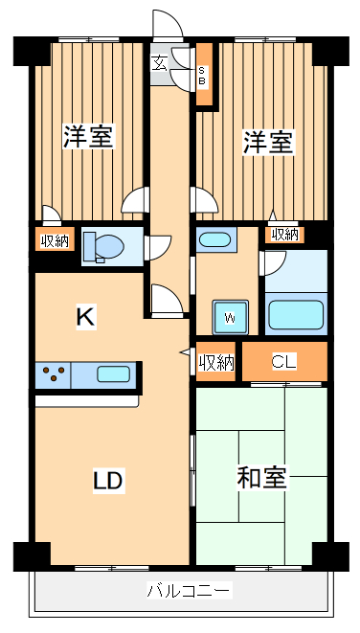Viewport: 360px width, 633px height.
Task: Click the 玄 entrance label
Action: coord(160,64)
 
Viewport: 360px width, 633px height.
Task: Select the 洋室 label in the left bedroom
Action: coord(89,137)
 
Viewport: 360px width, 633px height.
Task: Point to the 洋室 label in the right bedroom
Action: coord(267,143)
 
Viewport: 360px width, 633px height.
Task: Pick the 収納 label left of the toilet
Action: coord(55,240)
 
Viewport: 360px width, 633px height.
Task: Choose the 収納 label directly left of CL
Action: coord(216,362)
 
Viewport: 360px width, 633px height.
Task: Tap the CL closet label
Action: coord(284,362)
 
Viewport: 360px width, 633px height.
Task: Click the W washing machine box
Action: coord(231,316)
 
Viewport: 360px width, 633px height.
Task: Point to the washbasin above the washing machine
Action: coord(214,239)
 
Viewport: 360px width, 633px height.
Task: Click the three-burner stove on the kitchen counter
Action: coord(54,374)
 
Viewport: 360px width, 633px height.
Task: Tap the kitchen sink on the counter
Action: coord(113,374)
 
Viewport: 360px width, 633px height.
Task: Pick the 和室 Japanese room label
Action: coord(261,478)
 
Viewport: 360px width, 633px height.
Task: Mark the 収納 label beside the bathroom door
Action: coord(284,234)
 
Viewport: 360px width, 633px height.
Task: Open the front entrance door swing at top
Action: coord(165,27)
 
